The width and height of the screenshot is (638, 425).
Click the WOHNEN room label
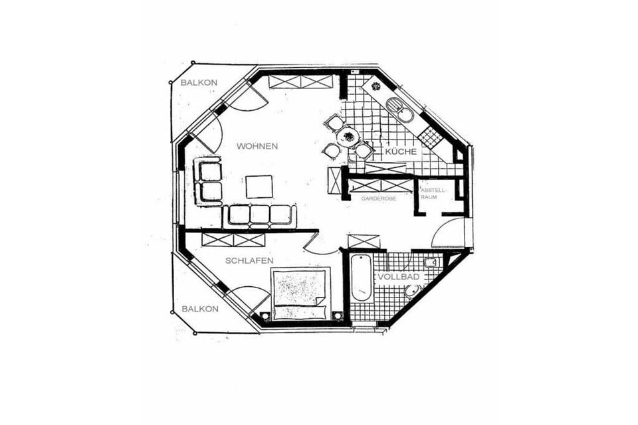(x=257, y=146)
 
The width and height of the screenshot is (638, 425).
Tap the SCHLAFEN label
(x=249, y=261)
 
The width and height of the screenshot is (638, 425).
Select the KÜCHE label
(x=401, y=151)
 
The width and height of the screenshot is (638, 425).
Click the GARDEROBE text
(x=378, y=199)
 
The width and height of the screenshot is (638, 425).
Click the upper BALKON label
(x=199, y=82)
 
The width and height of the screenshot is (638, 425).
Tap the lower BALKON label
(x=200, y=309)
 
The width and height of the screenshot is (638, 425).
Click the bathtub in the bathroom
(x=361, y=278)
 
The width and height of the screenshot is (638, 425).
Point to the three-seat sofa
(x=259, y=216)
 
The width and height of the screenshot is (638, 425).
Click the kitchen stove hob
(x=429, y=136)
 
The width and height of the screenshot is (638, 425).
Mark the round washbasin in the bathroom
(x=413, y=292)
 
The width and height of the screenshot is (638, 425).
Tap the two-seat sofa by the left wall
(x=207, y=182)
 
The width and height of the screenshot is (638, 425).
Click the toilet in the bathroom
(x=430, y=262)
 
